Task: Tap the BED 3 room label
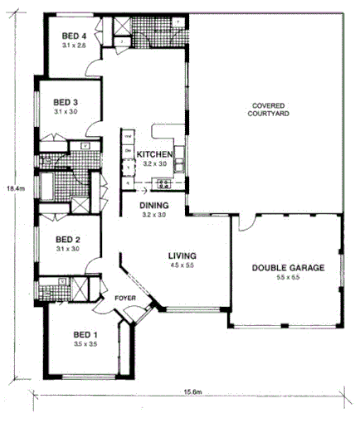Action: pos(66,102)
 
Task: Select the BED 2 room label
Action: pos(66,240)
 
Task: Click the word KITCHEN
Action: pos(154,155)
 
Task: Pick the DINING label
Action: pos(154,206)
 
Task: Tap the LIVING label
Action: pos(181,255)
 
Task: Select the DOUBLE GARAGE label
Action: pos(288,268)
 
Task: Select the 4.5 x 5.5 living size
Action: pos(181,265)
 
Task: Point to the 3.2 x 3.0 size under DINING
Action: pos(154,215)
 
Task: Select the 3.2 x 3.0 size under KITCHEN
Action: pos(154,164)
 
